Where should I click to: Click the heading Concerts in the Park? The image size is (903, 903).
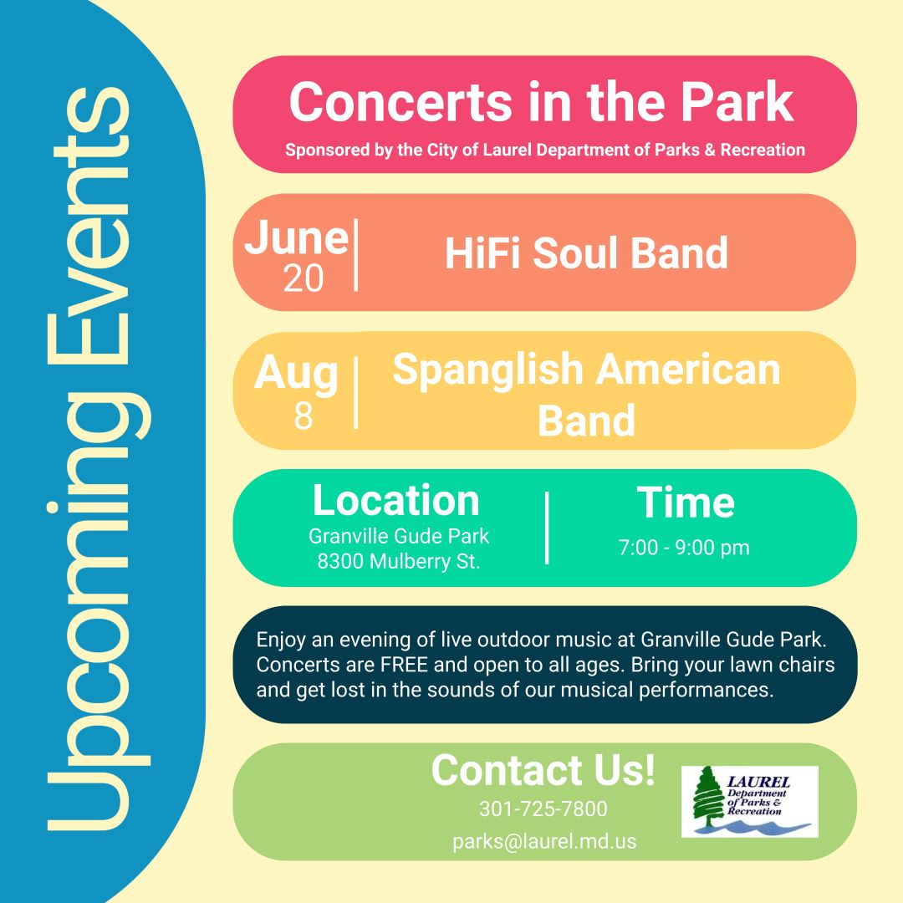541,102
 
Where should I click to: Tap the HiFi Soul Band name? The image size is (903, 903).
586,253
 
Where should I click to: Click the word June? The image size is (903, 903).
296,238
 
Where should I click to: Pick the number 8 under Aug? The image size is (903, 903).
303,416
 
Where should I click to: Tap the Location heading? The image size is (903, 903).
396,500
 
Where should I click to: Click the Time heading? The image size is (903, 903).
686,503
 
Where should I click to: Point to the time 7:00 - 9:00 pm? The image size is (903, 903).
684,548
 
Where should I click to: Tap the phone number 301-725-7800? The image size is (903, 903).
543,809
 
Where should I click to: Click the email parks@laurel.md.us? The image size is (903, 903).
544,841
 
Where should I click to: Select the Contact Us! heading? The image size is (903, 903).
543,770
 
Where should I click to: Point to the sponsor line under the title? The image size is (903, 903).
545,151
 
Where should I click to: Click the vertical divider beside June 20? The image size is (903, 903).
356,255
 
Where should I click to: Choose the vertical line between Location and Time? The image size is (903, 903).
547,528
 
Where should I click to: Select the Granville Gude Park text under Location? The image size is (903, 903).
399,535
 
